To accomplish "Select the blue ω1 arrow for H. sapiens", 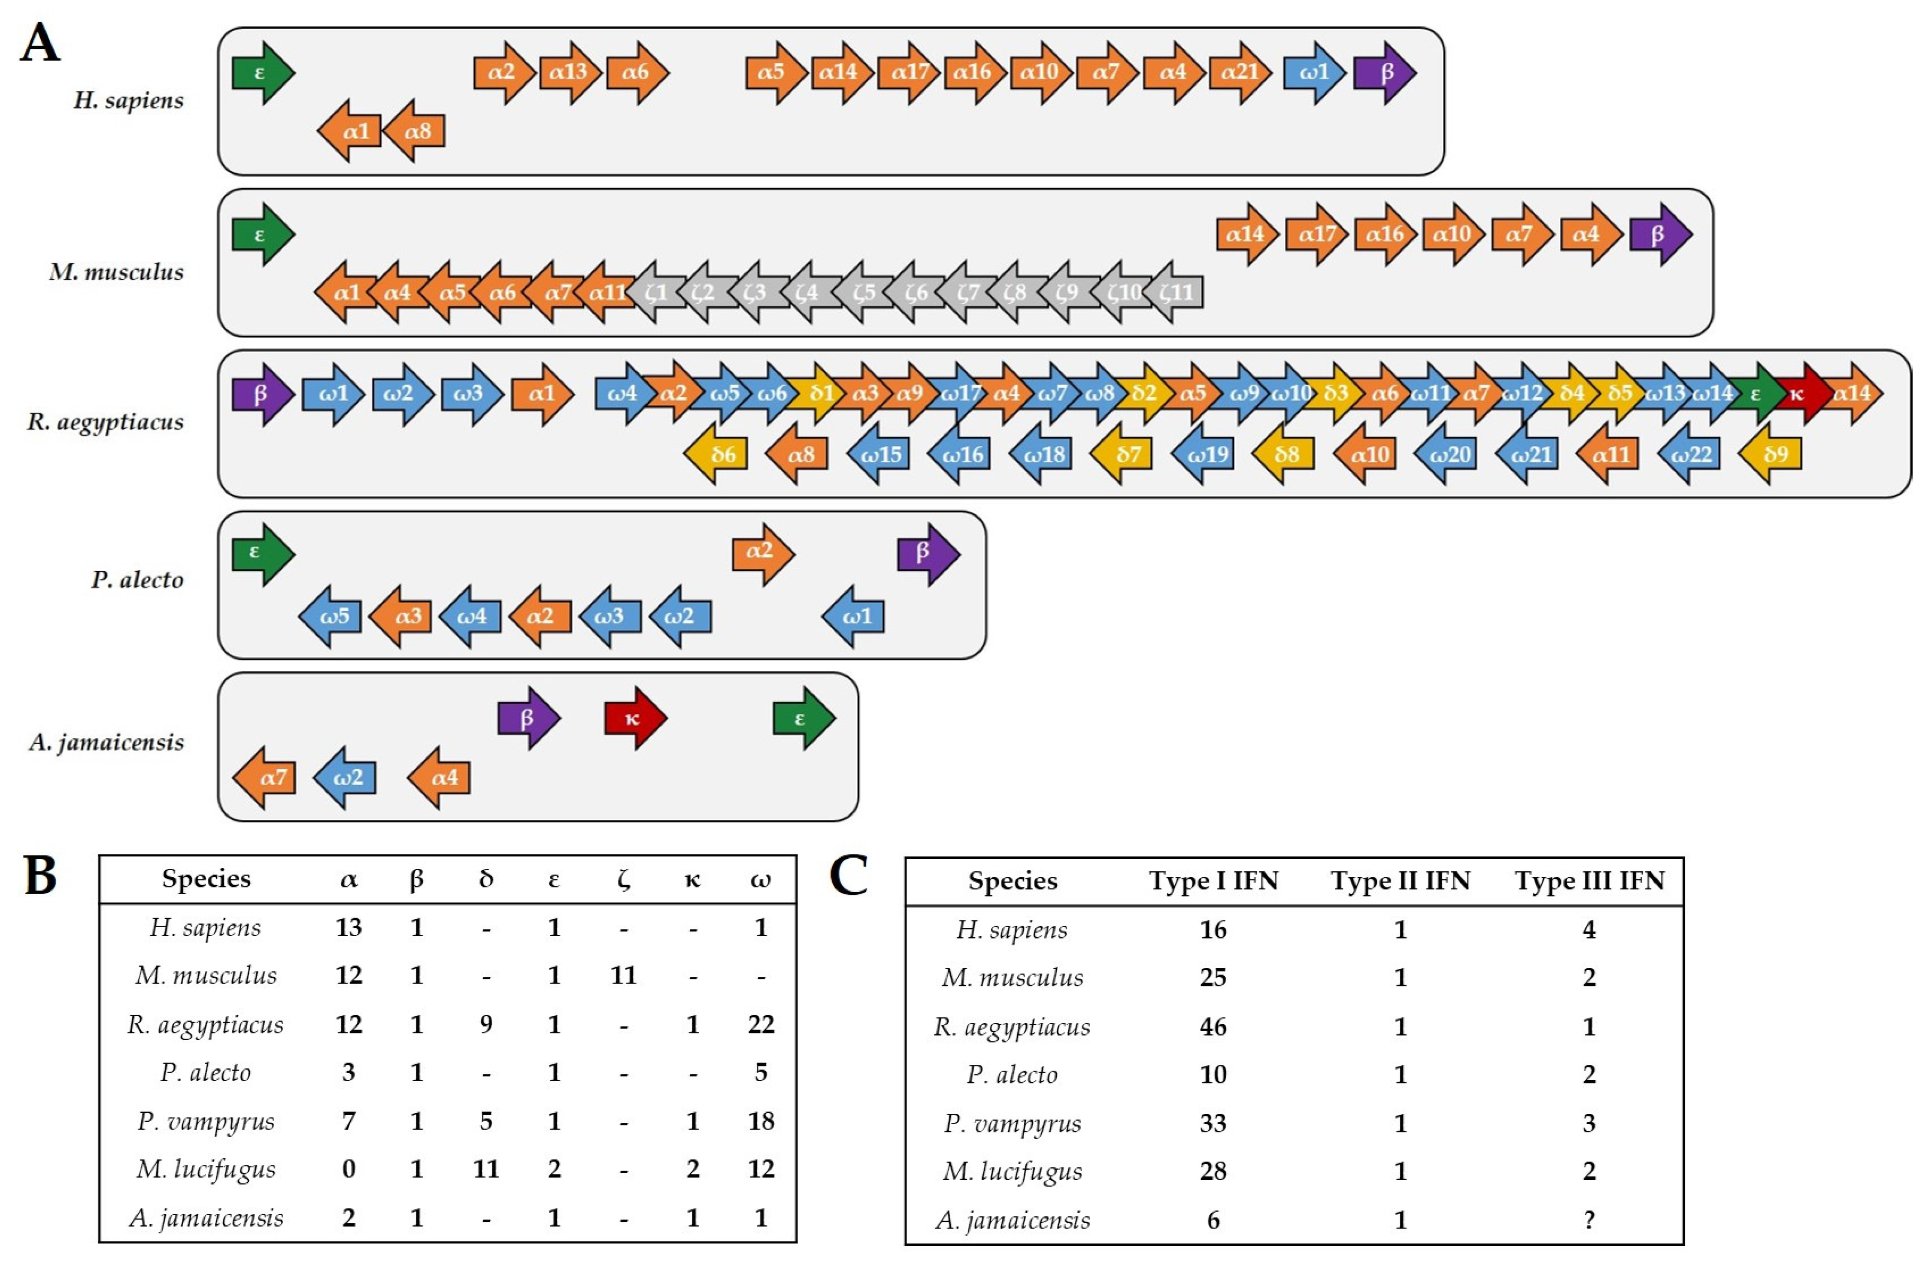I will pos(1313,73).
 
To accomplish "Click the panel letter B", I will pos(41,876).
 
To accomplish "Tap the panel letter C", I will pos(849,876).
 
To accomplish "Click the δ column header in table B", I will pos(486,879).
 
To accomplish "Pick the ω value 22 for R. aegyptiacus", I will pos(761,1024).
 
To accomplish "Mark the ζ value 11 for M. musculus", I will pos(623,975).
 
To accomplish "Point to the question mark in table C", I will pos(1589,1220).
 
